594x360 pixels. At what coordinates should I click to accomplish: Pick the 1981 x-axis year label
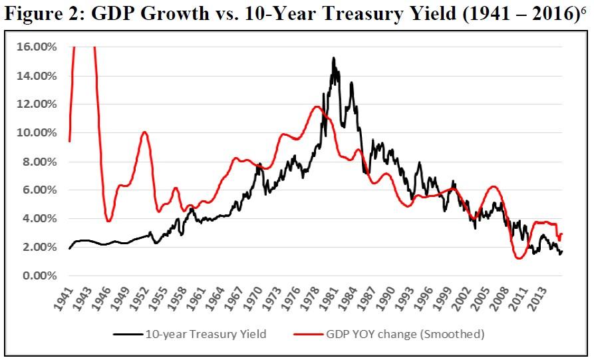tap(333, 299)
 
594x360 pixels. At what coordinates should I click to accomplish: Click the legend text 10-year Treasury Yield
tap(206, 334)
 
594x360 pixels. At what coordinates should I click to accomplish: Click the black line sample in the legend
tap(127, 334)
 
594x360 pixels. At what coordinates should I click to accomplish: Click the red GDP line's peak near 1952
tap(144, 132)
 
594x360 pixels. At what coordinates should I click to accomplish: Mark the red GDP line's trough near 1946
tap(109, 221)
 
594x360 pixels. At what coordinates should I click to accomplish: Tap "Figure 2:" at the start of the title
tap(49, 18)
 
